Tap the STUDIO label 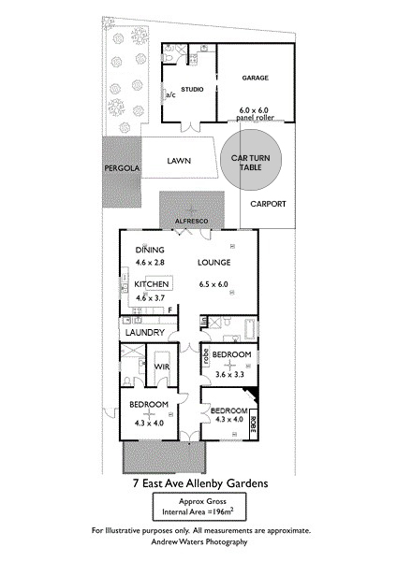(x=192, y=89)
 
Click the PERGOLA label (x=122, y=168)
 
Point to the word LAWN (x=179, y=161)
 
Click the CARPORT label (x=269, y=203)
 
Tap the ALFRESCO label (x=193, y=220)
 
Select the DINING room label (x=150, y=250)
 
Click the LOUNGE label (x=214, y=264)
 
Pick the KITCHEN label (x=151, y=283)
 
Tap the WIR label (x=161, y=366)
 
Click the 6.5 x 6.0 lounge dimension (x=214, y=284)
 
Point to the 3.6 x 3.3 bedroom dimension (x=229, y=374)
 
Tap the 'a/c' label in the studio (x=170, y=94)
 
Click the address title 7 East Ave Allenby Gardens (x=198, y=483)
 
